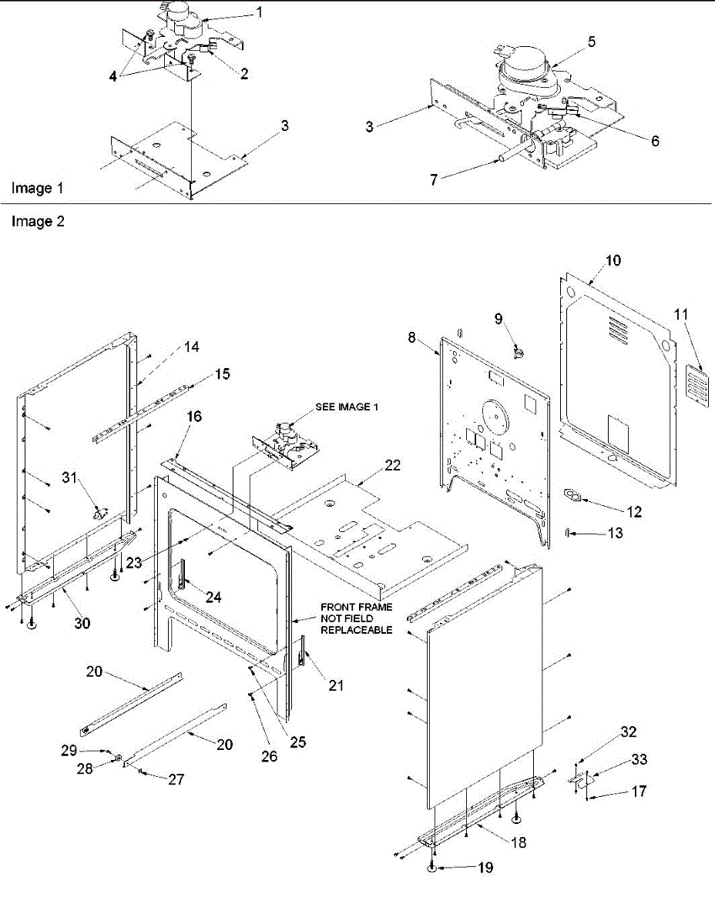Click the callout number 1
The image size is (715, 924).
[x=259, y=12]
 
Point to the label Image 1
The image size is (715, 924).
[x=37, y=188]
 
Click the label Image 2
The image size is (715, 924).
[x=38, y=222]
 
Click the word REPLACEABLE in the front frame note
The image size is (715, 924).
[x=357, y=630]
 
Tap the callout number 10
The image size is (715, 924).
[x=613, y=260]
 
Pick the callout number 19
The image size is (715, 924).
[x=484, y=868]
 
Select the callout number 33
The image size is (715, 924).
[x=639, y=760]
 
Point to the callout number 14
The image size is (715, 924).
[x=191, y=347]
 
